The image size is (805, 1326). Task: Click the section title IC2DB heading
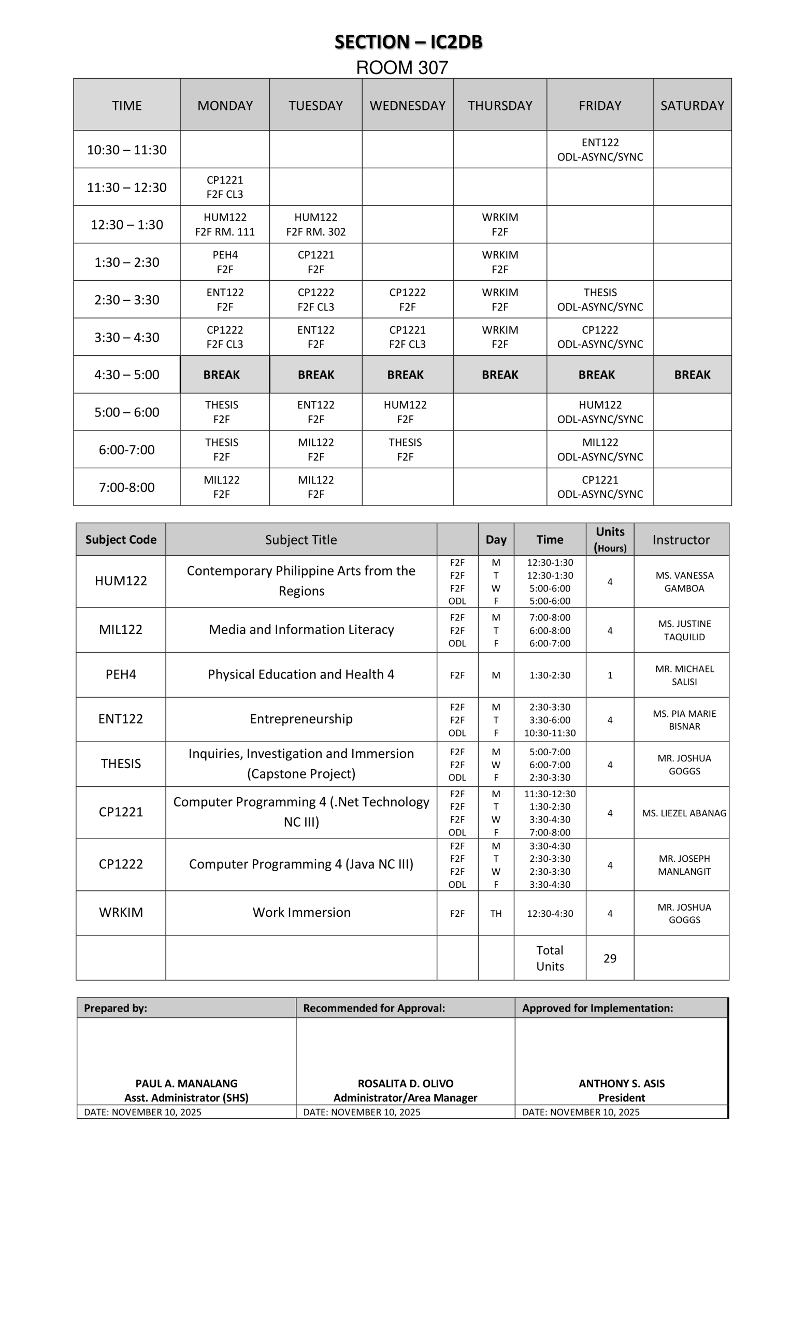coord(408,42)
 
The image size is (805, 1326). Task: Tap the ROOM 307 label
coord(402,68)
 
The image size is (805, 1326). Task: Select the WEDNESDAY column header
coord(407,106)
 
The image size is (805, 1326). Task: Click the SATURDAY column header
coord(692,106)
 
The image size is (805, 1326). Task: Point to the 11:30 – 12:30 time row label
coord(126,188)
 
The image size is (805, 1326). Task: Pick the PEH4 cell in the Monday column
coord(225,262)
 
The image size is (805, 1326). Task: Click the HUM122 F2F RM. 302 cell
coord(316,224)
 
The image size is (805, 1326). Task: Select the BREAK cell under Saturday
coord(692,374)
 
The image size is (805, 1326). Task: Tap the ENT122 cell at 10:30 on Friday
coord(600,150)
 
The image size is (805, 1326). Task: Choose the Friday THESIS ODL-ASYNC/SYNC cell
coord(600,300)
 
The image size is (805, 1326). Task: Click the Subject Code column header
coord(121,540)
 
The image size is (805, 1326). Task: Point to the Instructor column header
coord(681,540)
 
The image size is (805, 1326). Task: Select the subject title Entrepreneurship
coord(301,719)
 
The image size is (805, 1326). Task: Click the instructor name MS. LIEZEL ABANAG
coord(684,813)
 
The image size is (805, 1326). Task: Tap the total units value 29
coord(610,958)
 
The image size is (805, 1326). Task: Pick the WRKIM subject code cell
coord(121,913)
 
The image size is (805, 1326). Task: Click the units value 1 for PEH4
coord(610,675)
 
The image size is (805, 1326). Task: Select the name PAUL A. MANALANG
coord(186,1083)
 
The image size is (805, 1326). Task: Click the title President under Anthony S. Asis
coord(622,1098)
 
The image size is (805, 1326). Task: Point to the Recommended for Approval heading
coord(374,1008)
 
